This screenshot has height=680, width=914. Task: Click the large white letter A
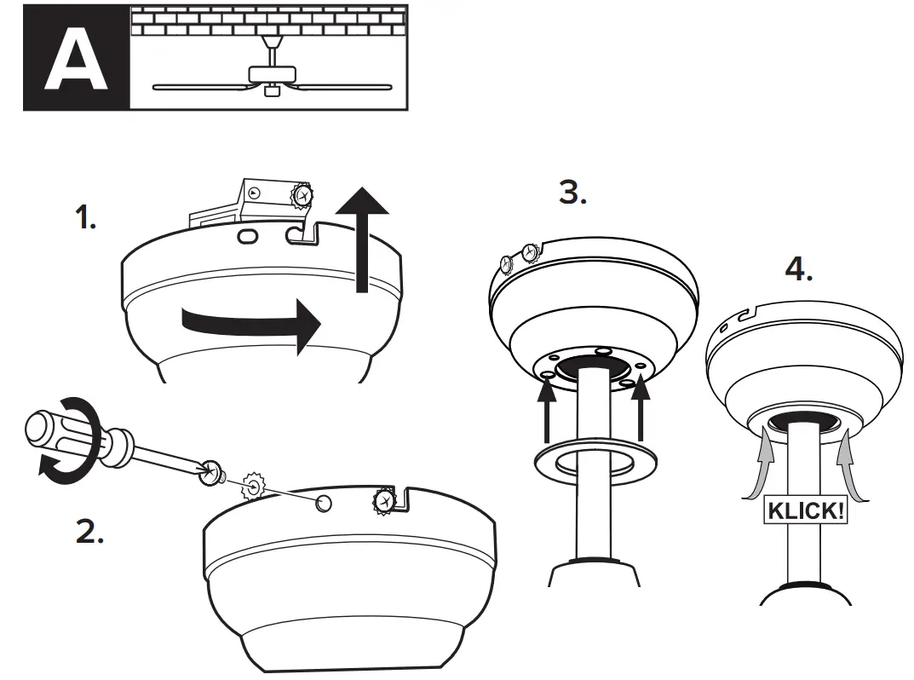coord(76,59)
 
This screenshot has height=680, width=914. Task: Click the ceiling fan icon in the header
coord(272,75)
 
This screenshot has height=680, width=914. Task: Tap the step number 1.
coord(85,219)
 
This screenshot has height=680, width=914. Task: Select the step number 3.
coord(572,193)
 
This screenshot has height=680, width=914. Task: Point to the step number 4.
coord(798,269)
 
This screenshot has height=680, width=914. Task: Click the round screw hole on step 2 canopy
coord(324,504)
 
